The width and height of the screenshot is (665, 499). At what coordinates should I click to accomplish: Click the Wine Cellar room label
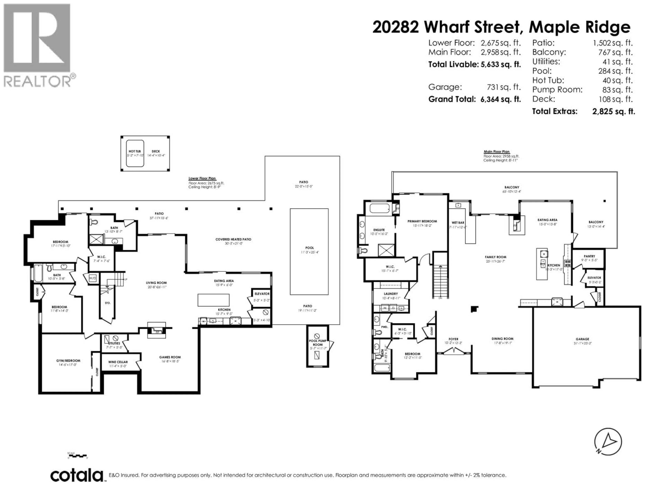118,362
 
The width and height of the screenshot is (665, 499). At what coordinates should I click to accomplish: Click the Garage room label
582,339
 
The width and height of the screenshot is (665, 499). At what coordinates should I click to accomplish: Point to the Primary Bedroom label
422,221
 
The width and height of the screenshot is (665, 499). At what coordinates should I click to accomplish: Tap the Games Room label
170,357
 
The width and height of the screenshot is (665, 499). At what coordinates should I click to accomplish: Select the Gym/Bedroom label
68,360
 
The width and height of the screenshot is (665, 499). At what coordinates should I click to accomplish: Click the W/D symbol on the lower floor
93,278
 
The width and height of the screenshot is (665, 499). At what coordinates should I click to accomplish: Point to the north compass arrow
608,442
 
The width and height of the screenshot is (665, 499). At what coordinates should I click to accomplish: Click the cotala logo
77,475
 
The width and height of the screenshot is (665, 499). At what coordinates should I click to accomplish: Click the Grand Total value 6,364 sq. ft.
500,99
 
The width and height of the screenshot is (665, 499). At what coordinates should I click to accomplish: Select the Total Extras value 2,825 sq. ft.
613,111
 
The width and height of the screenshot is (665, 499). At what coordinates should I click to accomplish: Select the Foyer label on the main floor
453,339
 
